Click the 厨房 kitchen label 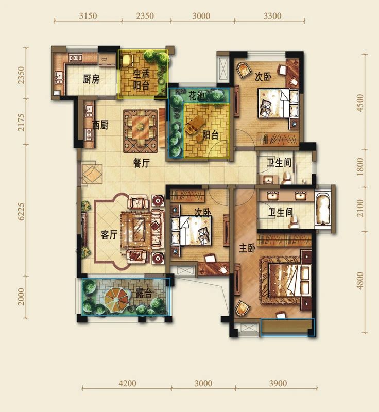click(91, 79)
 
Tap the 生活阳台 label click(141, 80)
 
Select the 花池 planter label click(196, 96)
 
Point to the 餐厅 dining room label click(141, 163)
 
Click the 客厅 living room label click(109, 234)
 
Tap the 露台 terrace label click(144, 293)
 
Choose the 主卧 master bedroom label click(247, 248)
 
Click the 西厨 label click(100, 125)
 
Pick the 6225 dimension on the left click(21, 211)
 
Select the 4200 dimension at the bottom click(127, 383)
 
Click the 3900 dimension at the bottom click(278, 383)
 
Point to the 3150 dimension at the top click(88, 16)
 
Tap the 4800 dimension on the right click(360, 281)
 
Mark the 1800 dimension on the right click(360, 166)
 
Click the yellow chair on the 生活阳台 click(128, 60)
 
